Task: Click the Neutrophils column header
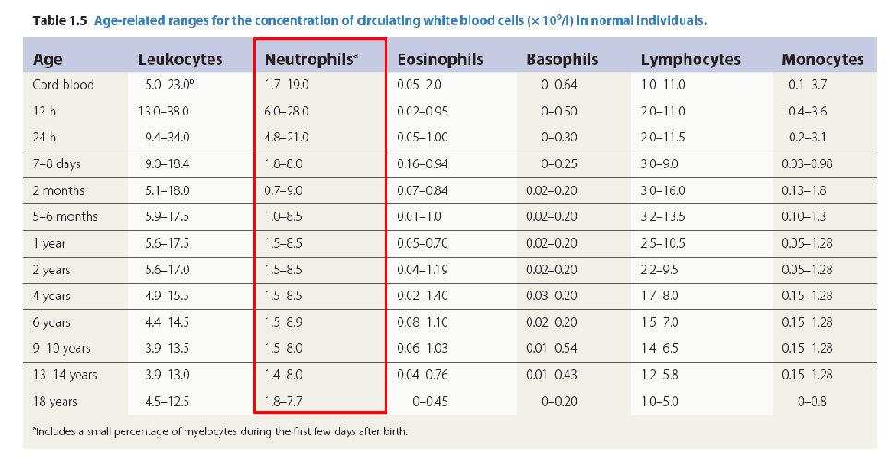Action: click(x=310, y=59)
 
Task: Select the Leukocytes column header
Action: click(x=180, y=59)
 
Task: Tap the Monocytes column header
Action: click(x=822, y=59)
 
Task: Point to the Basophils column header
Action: click(x=562, y=59)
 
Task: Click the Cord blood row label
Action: click(x=64, y=85)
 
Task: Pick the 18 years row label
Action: click(x=55, y=401)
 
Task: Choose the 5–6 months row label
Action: click(x=65, y=217)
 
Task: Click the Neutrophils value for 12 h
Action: click(x=286, y=111)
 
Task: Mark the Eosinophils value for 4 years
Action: click(x=423, y=297)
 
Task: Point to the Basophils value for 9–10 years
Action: click(x=552, y=348)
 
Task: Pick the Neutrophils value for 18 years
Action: click(x=283, y=401)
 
